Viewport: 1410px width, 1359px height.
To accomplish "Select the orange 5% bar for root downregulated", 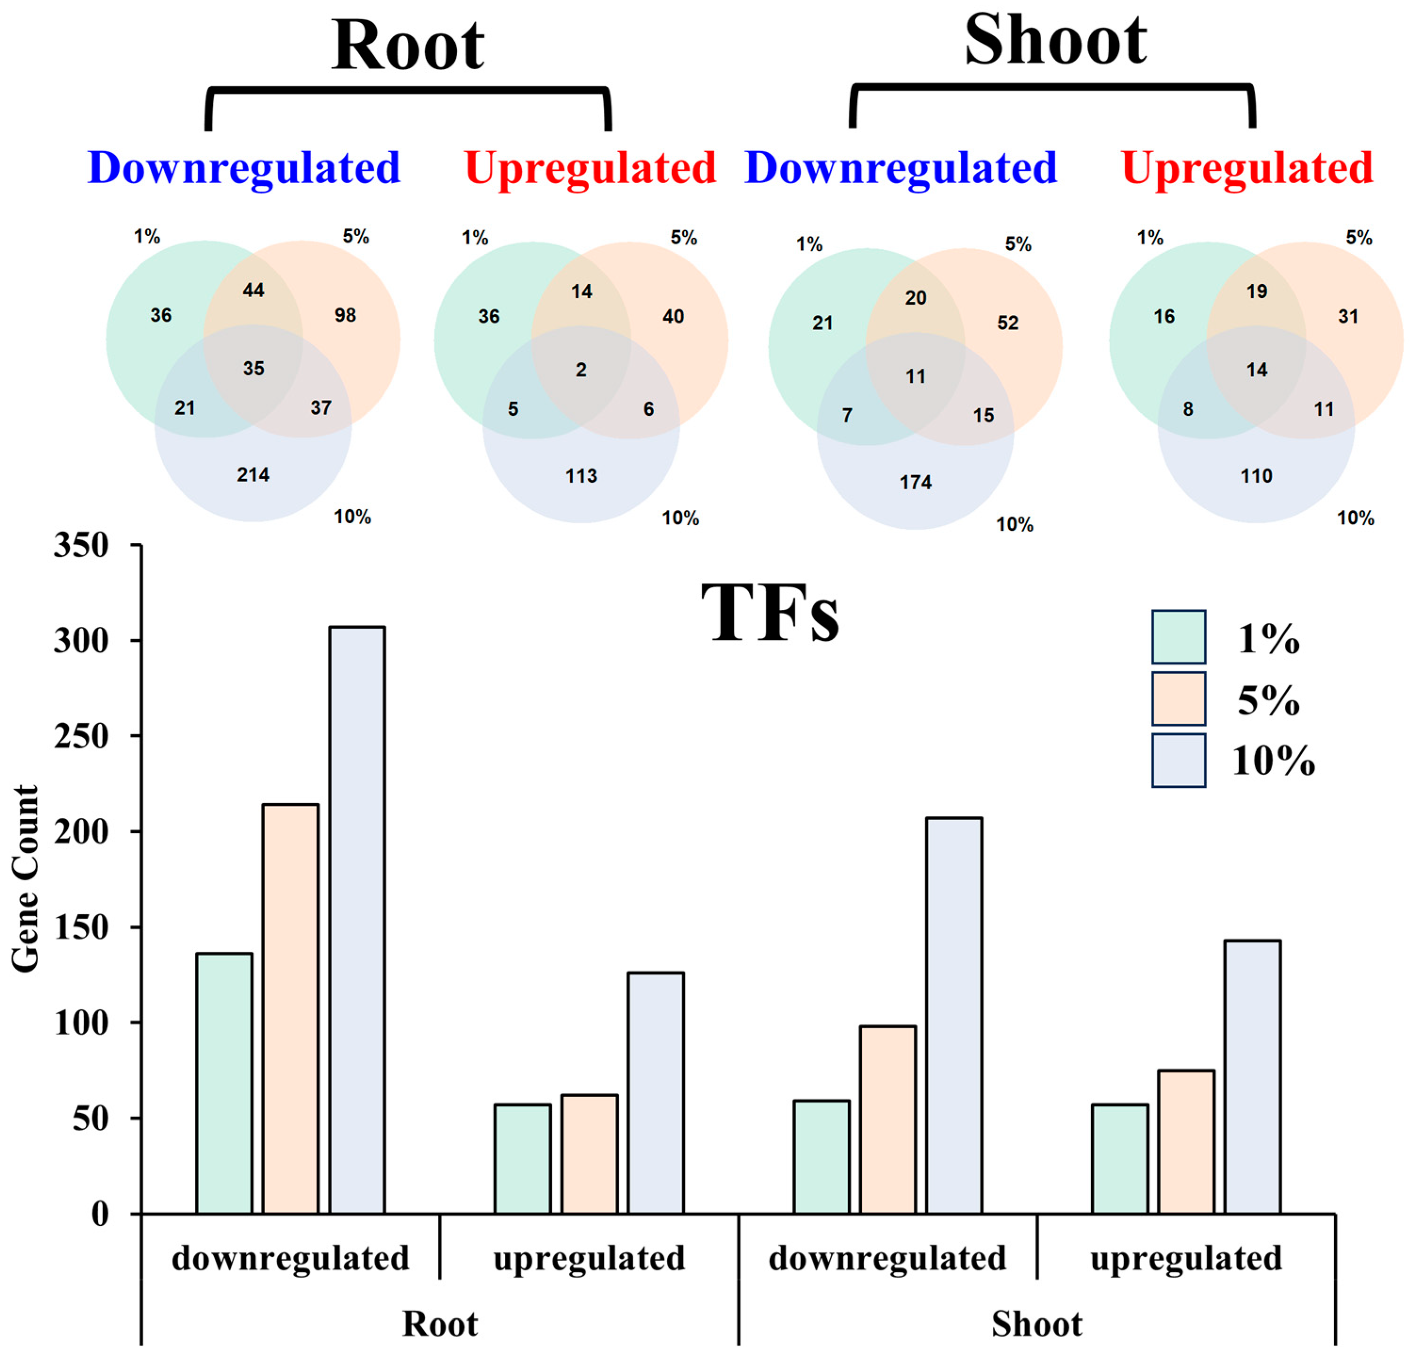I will [291, 1008].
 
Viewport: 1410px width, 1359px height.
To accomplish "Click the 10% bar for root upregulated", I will [656, 1093].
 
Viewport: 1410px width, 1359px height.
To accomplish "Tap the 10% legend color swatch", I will [1178, 760].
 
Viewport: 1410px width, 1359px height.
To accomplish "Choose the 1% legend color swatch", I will [1178, 637].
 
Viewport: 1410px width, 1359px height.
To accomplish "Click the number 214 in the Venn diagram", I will [253, 475].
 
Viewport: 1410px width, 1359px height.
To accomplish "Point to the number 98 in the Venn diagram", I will [345, 315].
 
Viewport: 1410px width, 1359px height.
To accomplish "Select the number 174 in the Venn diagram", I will [915, 482].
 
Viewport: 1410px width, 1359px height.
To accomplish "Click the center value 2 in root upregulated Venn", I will [581, 370].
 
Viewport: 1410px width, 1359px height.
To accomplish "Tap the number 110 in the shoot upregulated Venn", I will [1256, 476].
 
